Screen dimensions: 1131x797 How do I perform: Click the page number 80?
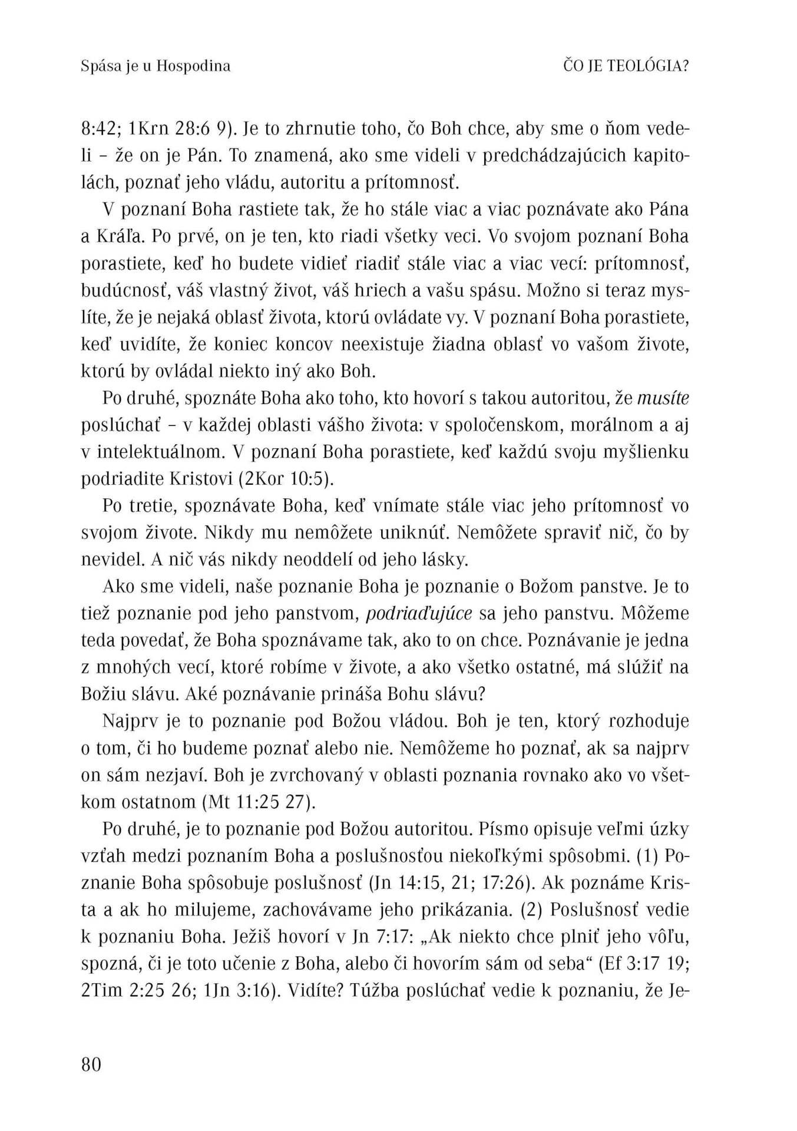(91, 1064)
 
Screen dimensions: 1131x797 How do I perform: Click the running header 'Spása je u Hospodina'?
(156, 66)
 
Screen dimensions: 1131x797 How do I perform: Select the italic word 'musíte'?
(663, 398)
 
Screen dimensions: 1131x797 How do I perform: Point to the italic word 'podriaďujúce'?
(419, 613)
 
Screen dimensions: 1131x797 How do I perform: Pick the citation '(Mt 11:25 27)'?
(259, 802)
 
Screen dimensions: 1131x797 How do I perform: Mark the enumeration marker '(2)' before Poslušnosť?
(533, 910)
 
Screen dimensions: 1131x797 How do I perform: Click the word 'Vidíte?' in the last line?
(316, 991)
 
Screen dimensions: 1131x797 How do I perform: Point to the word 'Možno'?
(550, 291)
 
